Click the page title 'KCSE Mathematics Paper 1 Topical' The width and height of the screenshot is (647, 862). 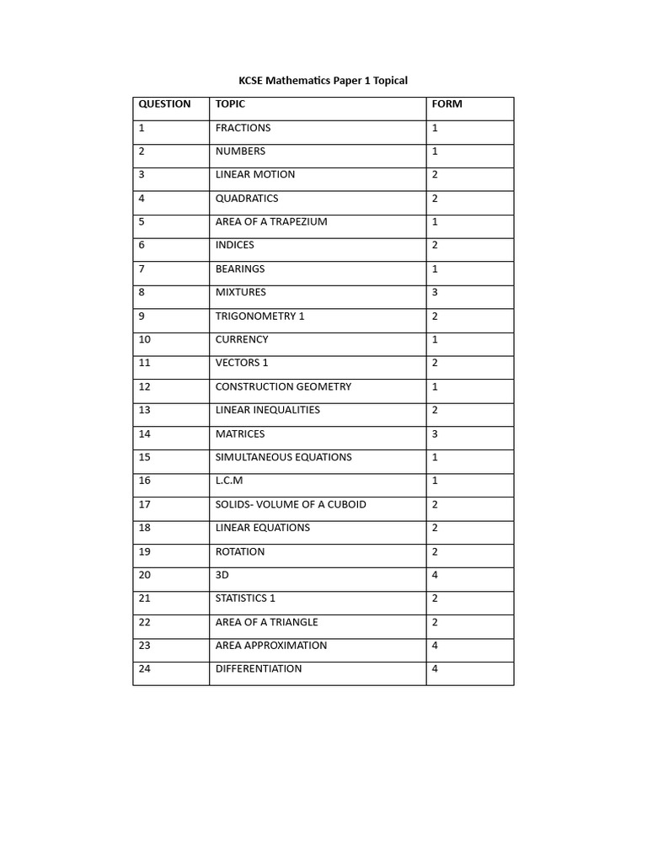(323, 81)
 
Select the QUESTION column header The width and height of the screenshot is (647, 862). (165, 104)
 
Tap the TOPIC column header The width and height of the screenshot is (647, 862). (231, 104)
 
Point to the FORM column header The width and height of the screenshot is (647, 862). (447, 104)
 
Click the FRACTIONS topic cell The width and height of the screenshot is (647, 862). (243, 128)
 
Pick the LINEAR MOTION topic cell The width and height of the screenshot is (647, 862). (255, 175)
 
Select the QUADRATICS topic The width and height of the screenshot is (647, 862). (247, 199)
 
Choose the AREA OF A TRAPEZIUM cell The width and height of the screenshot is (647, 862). (271, 222)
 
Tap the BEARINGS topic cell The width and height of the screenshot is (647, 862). (240, 269)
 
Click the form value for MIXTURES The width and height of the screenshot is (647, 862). (436, 293)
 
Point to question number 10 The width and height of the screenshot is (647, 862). (145, 340)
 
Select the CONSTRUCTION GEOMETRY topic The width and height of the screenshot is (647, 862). (283, 387)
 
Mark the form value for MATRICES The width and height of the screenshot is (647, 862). (436, 434)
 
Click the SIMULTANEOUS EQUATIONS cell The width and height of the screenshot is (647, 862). (284, 458)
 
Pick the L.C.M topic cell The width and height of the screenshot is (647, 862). (229, 481)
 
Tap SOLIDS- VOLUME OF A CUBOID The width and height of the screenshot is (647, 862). (291, 504)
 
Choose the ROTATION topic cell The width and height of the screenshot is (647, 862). (240, 552)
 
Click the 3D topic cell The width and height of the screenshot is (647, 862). (222, 575)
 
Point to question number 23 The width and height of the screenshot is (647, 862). (145, 646)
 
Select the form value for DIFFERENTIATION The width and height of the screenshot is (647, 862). (436, 669)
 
